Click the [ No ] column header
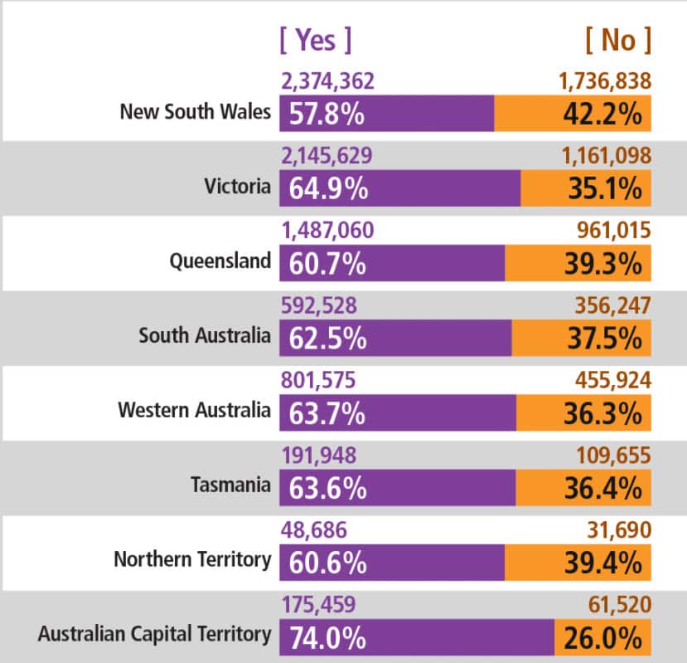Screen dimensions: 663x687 617,39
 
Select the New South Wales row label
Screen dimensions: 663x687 196,111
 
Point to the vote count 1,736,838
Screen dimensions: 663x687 603,81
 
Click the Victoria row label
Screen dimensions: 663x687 237,186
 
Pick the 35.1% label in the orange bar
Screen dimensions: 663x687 604,189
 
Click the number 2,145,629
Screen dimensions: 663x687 327,155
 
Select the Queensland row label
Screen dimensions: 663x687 220,261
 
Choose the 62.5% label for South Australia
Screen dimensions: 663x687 327,339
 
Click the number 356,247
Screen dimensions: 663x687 612,306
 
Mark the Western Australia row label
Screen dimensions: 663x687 194,410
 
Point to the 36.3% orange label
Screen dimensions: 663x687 604,412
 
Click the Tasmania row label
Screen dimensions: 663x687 230,485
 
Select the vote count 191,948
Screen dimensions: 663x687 318,456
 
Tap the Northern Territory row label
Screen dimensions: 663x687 192,559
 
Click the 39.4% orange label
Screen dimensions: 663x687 604,563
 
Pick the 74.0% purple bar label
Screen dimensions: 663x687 327,637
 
